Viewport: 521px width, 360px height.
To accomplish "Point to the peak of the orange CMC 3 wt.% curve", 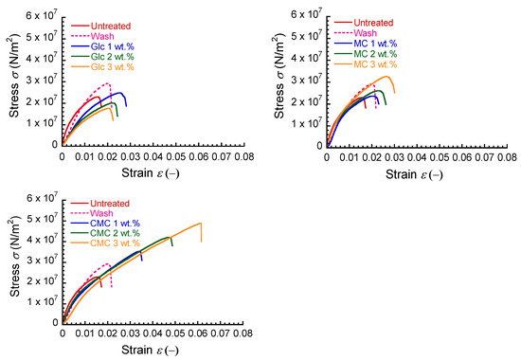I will coord(200,224).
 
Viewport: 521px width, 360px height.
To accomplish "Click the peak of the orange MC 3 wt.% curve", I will coord(386,77).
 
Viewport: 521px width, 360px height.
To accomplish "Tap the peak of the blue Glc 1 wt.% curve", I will coord(119,93).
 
